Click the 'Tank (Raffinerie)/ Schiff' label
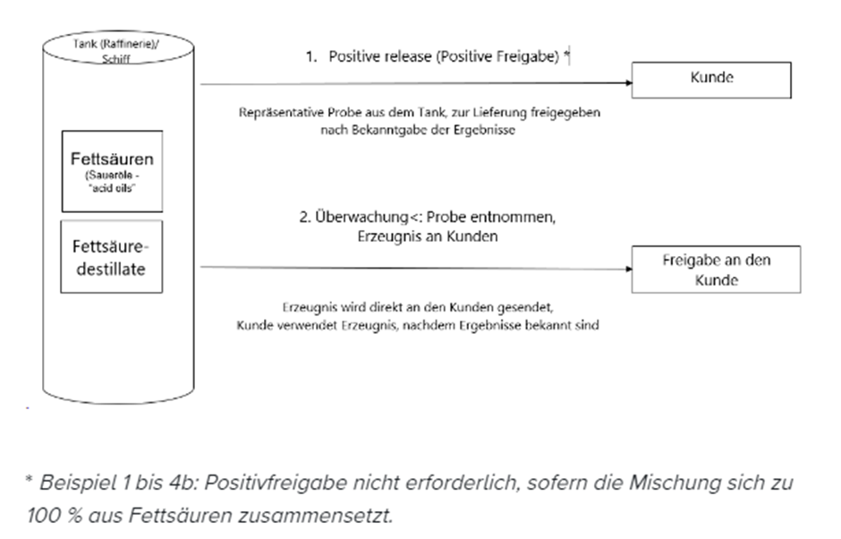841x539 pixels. (x=118, y=48)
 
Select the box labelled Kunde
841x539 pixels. (x=711, y=79)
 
